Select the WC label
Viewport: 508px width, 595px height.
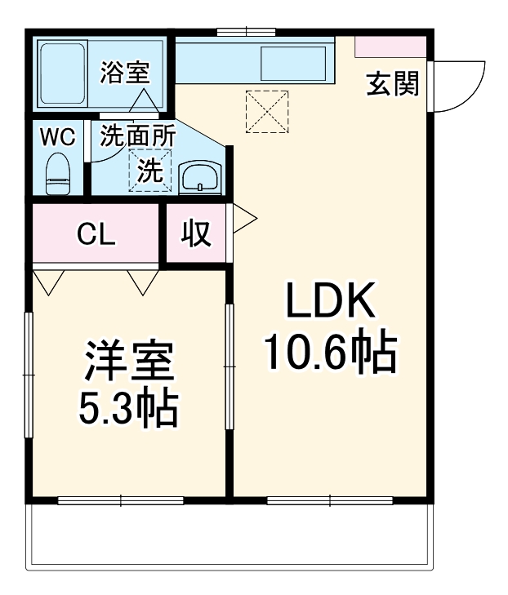pyautogui.click(x=57, y=136)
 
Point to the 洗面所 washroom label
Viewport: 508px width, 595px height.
pyautogui.click(x=137, y=136)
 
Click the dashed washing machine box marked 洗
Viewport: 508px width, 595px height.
pyautogui.click(x=148, y=171)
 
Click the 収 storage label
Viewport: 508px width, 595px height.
pyautogui.click(x=196, y=234)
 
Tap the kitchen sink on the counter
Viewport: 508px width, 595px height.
pyautogui.click(x=294, y=63)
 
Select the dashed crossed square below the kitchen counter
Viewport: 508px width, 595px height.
pyautogui.click(x=267, y=111)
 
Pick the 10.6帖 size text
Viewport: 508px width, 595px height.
pyautogui.click(x=329, y=353)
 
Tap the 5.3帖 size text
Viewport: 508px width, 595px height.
pyautogui.click(x=128, y=410)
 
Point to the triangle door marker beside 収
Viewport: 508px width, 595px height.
pyautogui.click(x=244, y=218)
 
